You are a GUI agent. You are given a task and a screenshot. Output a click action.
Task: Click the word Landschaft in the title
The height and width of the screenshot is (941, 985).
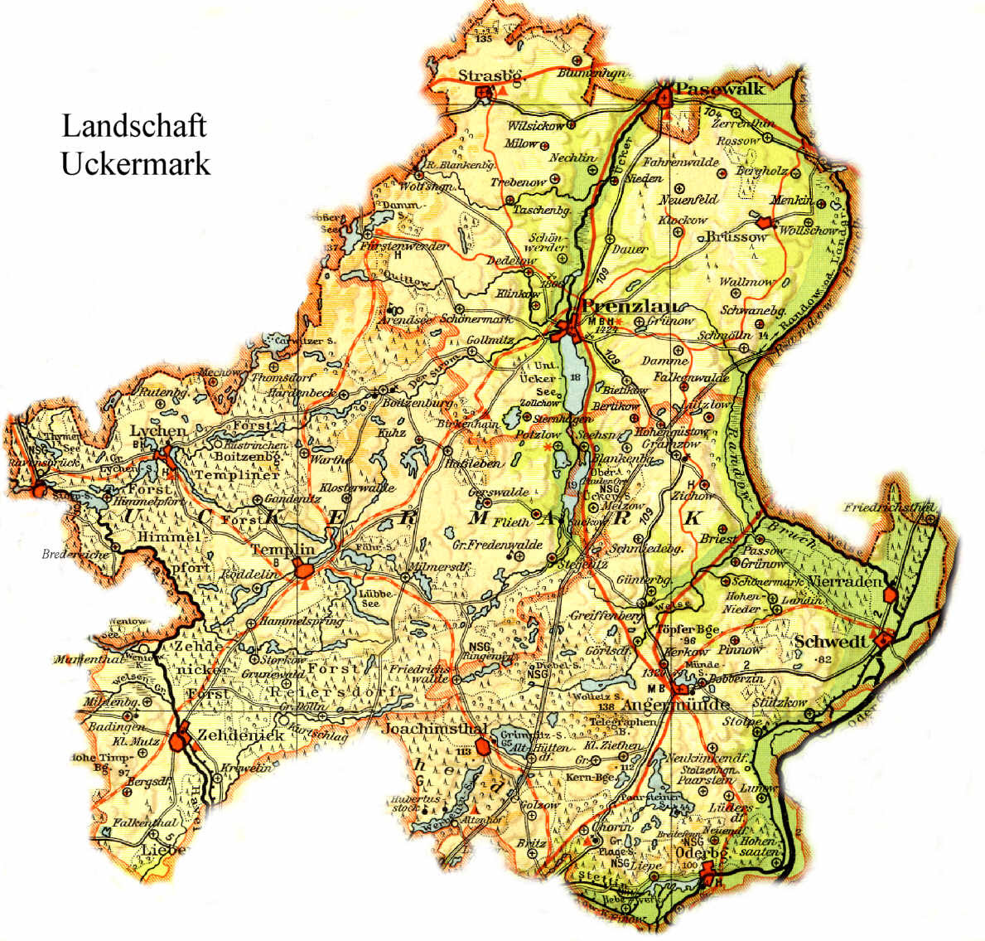click(133, 126)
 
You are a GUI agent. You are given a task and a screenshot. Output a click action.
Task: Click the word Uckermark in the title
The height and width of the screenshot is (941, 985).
click(135, 163)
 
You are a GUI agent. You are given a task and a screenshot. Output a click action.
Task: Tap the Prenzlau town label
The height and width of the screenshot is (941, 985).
click(636, 306)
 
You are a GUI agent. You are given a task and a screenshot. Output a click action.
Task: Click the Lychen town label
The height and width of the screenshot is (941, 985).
click(157, 431)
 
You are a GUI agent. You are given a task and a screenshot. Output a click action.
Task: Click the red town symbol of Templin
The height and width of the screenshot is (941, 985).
click(304, 570)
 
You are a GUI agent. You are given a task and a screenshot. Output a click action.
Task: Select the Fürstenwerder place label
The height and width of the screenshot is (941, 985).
click(405, 246)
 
